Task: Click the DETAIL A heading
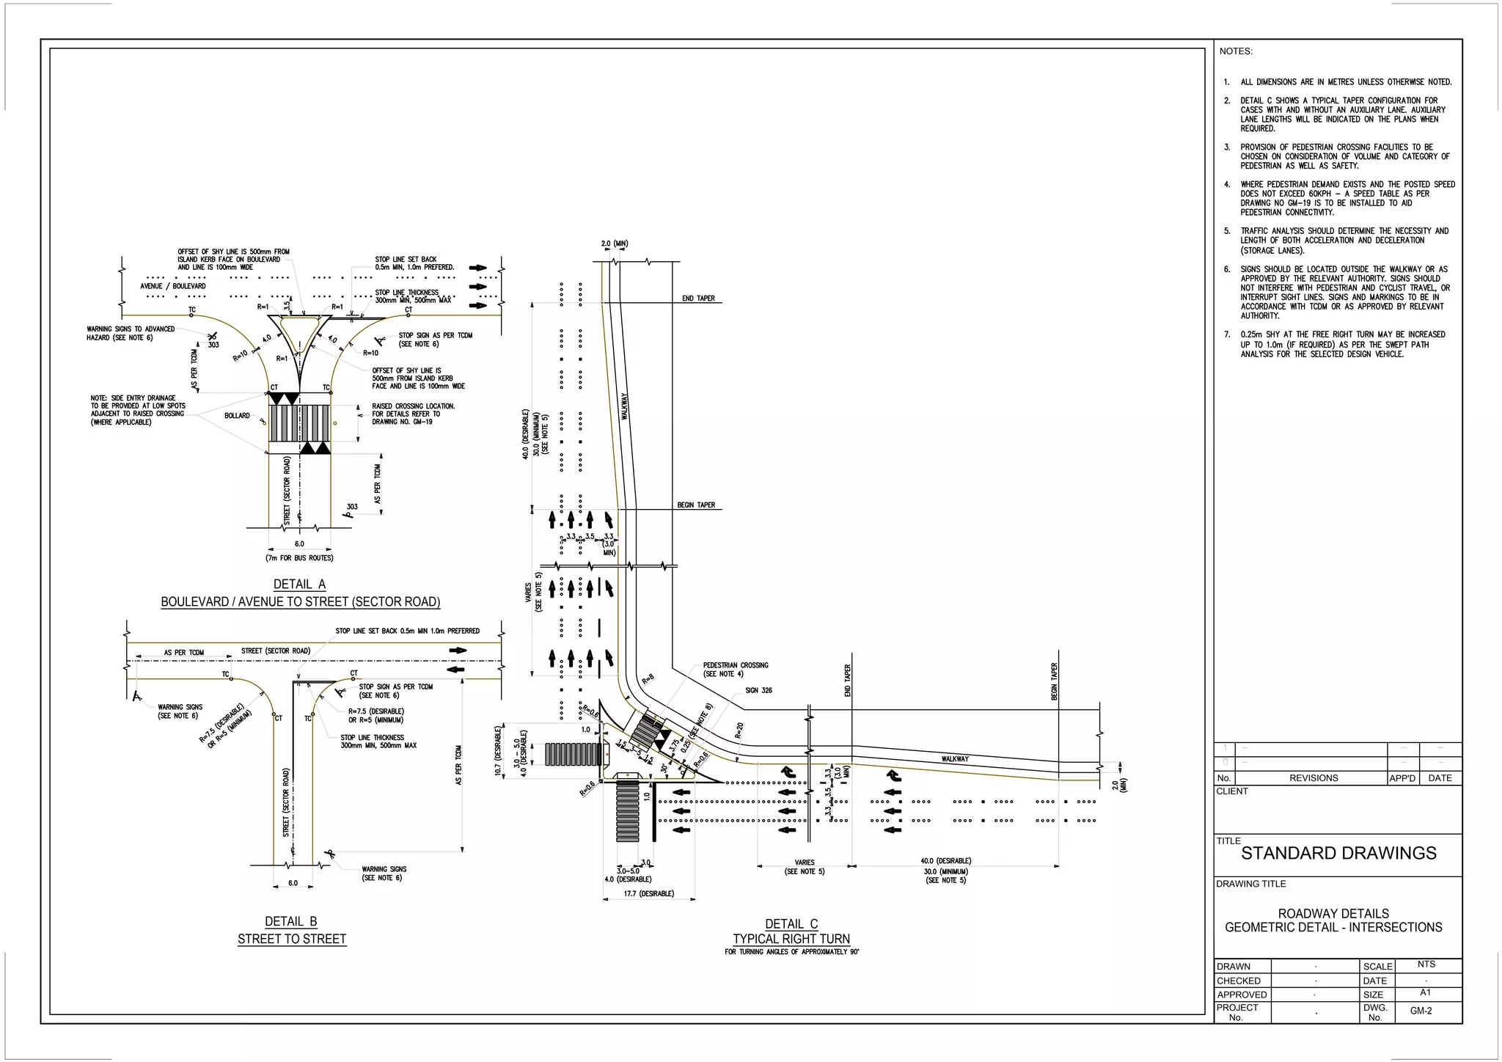(x=299, y=585)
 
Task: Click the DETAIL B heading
(x=291, y=922)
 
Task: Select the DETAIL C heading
(x=791, y=924)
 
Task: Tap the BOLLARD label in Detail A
(x=237, y=416)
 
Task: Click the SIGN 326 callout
(x=758, y=690)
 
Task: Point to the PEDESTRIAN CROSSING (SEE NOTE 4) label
(x=735, y=670)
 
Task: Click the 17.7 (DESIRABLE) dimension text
(x=648, y=894)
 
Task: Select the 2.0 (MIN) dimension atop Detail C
(x=615, y=243)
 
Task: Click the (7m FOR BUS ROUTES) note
(x=299, y=558)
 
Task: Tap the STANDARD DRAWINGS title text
(x=1338, y=853)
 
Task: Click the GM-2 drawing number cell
(x=1421, y=1011)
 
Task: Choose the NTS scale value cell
(x=1426, y=964)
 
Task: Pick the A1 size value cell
(x=1425, y=992)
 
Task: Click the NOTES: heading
(x=1236, y=51)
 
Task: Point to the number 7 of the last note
(x=1227, y=334)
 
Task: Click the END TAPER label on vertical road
(x=697, y=299)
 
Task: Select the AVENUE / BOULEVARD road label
(x=173, y=286)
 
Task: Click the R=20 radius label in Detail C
(x=739, y=730)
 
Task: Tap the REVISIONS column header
(x=1313, y=778)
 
